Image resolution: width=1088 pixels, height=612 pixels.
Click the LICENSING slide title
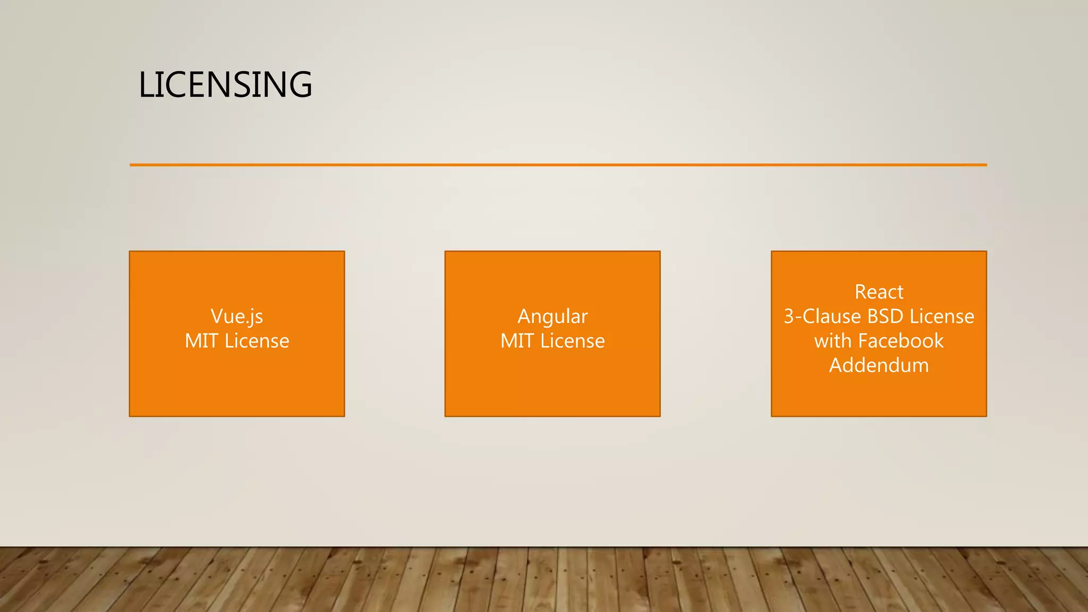(225, 85)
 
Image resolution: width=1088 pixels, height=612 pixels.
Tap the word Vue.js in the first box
(237, 317)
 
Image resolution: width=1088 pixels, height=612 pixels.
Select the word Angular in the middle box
(552, 317)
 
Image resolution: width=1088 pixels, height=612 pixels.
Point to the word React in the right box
(879, 292)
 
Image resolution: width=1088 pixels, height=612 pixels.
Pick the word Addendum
(879, 365)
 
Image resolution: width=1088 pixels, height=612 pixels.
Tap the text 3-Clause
(822, 317)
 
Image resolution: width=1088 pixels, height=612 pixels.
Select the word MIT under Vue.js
(201, 341)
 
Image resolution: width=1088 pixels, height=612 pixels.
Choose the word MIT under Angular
(517, 341)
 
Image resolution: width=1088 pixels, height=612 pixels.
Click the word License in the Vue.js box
(257, 341)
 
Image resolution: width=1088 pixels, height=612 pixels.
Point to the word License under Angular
(572, 341)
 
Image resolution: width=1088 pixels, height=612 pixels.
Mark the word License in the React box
(942, 317)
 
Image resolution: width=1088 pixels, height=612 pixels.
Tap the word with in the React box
(832, 341)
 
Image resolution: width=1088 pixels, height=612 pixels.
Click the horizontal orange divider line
(558, 165)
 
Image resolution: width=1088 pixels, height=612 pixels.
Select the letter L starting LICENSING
(146, 85)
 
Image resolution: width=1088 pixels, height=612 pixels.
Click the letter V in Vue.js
(217, 317)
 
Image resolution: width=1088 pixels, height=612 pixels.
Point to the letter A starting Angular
(525, 317)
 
